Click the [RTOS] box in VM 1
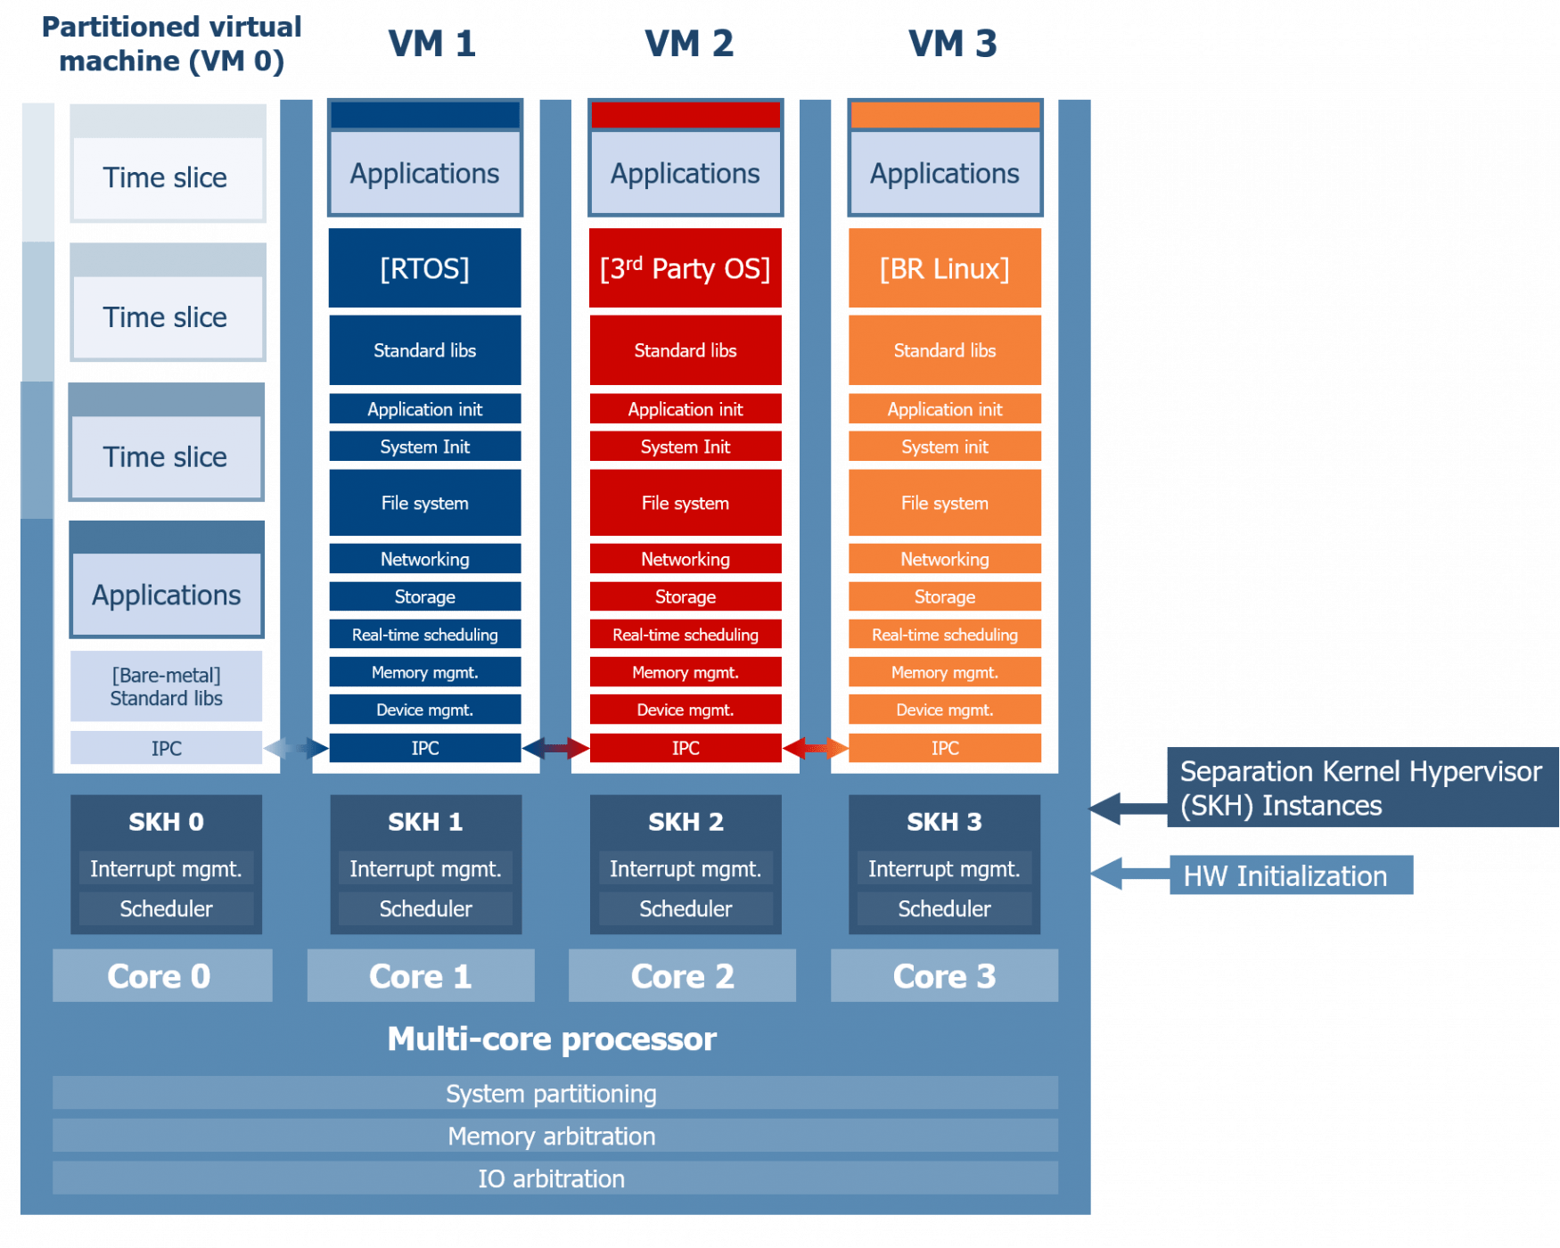point(424,268)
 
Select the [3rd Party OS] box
point(685,268)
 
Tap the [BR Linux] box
point(945,268)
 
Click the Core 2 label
point(682,976)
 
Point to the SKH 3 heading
point(944,822)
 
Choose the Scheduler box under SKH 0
point(166,909)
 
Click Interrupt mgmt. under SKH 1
point(425,869)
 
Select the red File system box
point(685,504)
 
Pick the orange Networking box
point(945,559)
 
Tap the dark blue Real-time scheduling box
point(424,635)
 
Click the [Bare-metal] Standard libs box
point(166,686)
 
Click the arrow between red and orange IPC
point(815,748)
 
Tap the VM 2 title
point(689,44)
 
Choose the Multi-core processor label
point(552,1039)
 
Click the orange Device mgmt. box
point(945,710)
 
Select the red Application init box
point(685,409)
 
